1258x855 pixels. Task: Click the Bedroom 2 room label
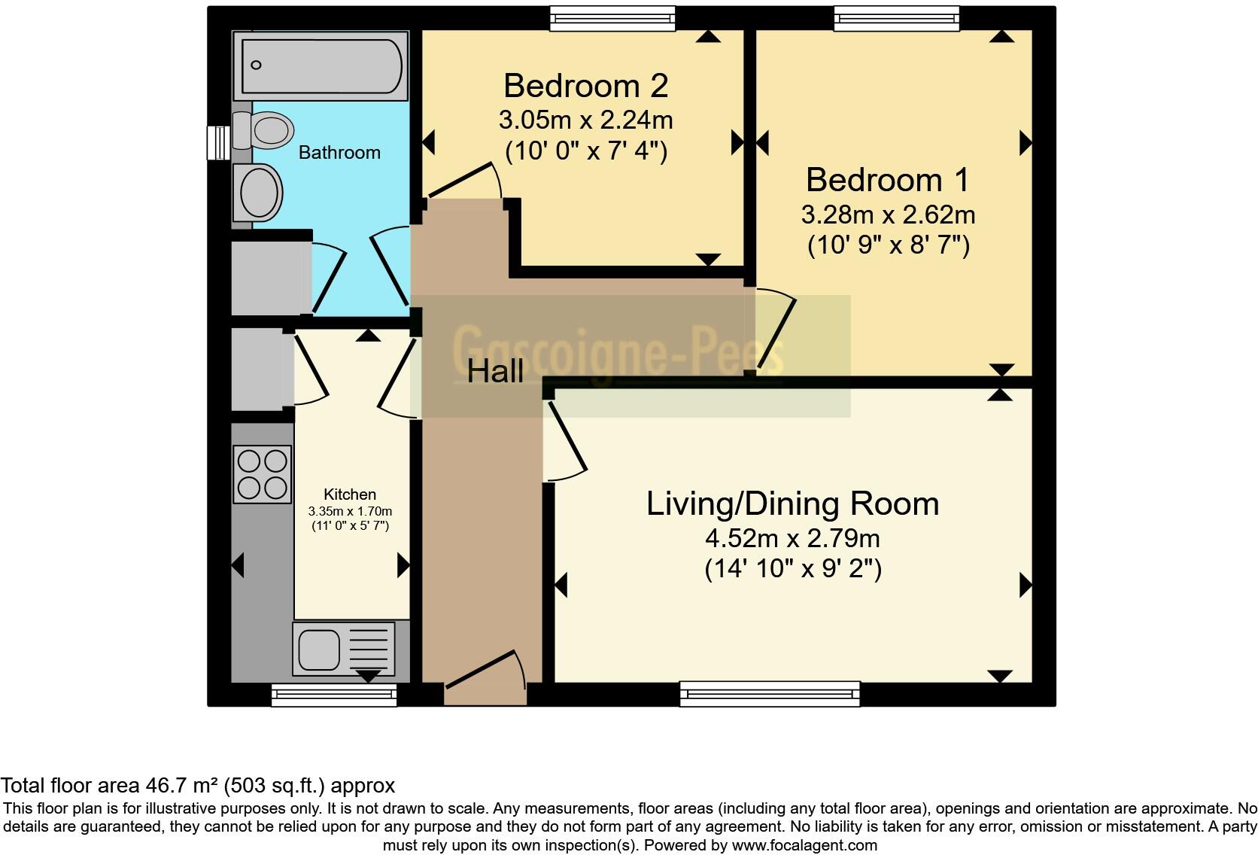pos(585,86)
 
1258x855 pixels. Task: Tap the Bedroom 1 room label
pos(887,181)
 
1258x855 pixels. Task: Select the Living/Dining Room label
pos(792,504)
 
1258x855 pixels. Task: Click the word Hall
pos(495,372)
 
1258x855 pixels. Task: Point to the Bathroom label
pos(339,153)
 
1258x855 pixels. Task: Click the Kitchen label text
pos(350,494)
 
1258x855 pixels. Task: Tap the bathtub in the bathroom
pos(321,65)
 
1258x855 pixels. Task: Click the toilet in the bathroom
pos(265,130)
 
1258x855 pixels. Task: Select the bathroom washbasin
pos(259,193)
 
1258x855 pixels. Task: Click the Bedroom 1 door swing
pos(775,331)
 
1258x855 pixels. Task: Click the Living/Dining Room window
pos(769,693)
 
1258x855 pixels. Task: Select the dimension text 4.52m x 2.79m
pos(792,539)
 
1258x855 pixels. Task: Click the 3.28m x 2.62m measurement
pos(888,215)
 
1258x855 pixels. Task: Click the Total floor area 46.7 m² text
pos(197,786)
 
